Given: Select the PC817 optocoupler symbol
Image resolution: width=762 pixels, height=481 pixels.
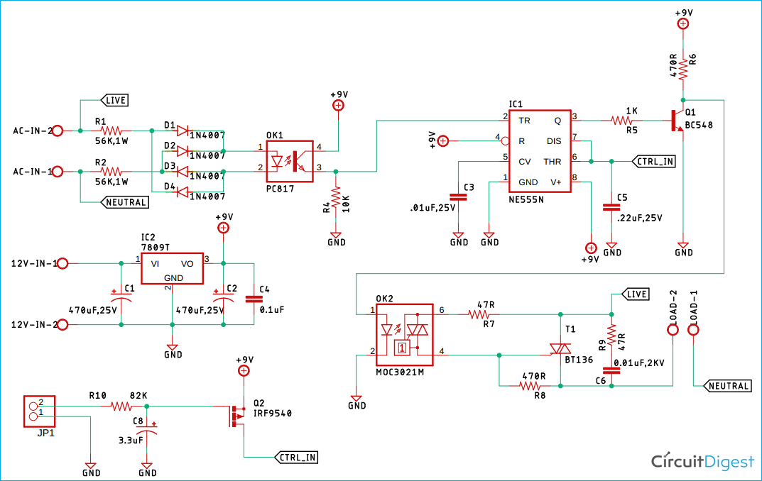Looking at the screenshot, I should point(290,158).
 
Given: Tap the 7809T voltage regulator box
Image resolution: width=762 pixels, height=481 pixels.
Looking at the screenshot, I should point(171,268).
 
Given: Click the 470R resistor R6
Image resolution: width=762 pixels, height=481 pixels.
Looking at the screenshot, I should point(682,68).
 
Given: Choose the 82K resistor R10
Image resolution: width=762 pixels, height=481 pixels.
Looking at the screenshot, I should point(121,407).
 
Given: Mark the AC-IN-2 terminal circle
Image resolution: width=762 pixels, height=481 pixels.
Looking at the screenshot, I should point(60,131).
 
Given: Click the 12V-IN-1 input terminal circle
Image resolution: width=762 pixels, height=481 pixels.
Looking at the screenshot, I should point(62,263).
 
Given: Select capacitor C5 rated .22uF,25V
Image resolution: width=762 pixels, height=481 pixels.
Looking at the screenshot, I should point(611,207).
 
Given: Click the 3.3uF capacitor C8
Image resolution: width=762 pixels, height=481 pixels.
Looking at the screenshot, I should point(147,433).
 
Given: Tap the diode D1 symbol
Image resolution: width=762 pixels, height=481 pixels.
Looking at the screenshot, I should point(183,131).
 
